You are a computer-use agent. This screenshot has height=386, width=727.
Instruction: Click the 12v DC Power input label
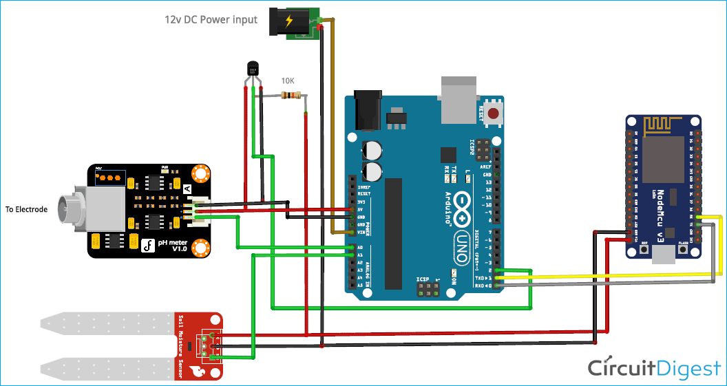[x=211, y=20]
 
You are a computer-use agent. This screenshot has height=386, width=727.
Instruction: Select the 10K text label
[x=288, y=81]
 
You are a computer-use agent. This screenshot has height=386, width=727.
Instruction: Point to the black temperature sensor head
[x=253, y=69]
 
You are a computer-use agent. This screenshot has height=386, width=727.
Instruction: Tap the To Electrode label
[x=27, y=209]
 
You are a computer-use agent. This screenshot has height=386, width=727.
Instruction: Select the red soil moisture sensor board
[x=199, y=344]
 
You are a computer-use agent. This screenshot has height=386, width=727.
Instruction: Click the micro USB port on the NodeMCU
[x=664, y=255]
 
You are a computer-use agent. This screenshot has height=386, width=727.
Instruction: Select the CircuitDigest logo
[x=653, y=368]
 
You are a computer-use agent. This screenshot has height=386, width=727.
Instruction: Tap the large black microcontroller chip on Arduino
[x=393, y=233]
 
